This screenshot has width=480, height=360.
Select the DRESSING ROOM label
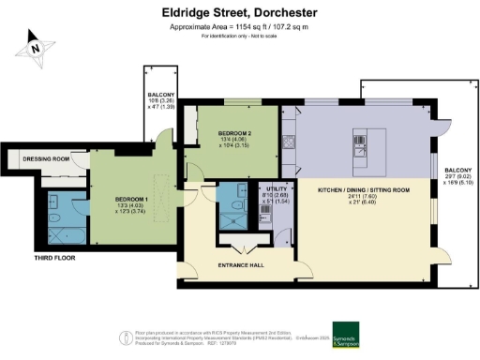coord(48,159)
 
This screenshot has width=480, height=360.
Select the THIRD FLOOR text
coord(29,256)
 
